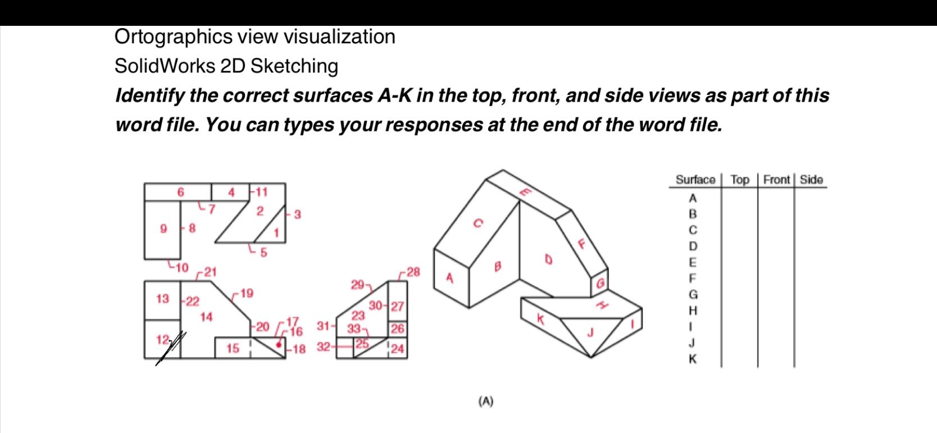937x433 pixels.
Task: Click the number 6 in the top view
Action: coord(180,192)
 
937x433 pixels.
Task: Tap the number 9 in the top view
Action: coord(163,229)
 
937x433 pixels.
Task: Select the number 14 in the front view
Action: coord(206,317)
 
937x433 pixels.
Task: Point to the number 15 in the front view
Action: coord(233,349)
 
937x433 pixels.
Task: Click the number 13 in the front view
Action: coord(162,299)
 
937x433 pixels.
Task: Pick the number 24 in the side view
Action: coord(397,349)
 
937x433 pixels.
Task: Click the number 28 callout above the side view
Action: coord(413,272)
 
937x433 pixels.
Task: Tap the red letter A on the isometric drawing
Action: coord(449,277)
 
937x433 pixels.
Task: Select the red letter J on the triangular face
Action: coord(590,332)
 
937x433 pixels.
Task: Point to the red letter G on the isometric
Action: coord(600,284)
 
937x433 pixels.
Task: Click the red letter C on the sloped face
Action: coord(477,223)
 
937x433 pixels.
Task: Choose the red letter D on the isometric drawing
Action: coord(548,259)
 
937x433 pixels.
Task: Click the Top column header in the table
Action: coord(740,180)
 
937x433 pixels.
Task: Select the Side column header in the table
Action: coord(811,180)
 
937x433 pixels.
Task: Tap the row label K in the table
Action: coord(693,359)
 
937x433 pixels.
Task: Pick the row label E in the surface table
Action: coord(693,262)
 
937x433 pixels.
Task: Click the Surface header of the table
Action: coord(695,180)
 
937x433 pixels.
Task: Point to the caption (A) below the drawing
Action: coord(486,401)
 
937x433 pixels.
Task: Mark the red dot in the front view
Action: coord(279,344)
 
